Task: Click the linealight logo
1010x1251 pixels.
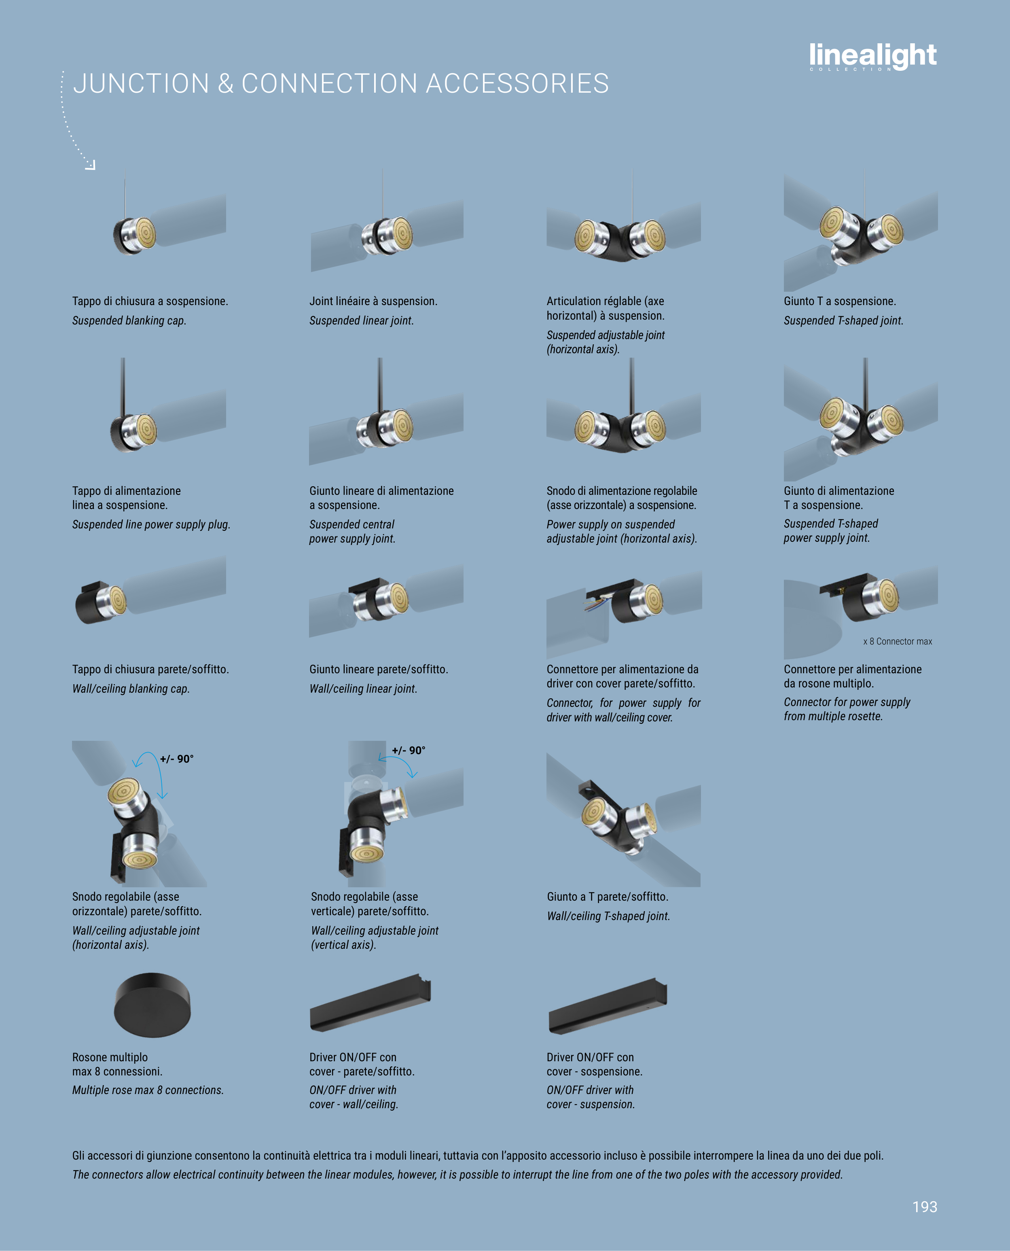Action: pos(873,56)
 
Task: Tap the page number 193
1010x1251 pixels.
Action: pos(925,1207)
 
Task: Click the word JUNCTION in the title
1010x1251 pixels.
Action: pos(141,83)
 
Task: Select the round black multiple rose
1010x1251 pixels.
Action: pos(152,1005)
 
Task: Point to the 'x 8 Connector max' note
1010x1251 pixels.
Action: pos(897,641)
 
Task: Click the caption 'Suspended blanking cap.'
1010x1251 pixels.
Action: pos(129,320)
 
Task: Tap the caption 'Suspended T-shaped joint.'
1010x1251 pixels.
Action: pos(843,320)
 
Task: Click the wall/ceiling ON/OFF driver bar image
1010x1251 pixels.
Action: pos(371,1002)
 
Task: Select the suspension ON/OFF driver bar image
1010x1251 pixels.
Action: pos(608,1006)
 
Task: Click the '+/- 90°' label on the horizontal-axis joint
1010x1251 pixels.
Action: pos(177,759)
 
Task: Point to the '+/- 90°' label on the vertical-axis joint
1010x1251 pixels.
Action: pos(409,751)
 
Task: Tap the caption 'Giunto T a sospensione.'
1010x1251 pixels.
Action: pos(840,301)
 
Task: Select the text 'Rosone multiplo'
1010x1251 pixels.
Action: pos(110,1057)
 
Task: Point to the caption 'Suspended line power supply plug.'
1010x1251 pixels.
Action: pos(151,524)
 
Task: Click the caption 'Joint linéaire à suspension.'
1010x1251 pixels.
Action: pos(373,301)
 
